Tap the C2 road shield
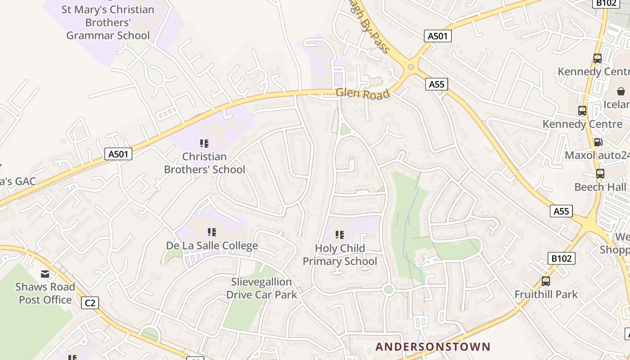(x=90, y=303)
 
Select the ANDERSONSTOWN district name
(x=432, y=346)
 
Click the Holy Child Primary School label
(x=340, y=255)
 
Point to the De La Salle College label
(x=212, y=246)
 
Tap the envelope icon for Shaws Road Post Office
(x=45, y=274)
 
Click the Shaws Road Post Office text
(x=45, y=293)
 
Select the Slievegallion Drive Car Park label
(x=261, y=288)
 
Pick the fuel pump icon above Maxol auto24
(x=598, y=142)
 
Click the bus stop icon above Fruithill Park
(x=546, y=281)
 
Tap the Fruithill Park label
(x=546, y=295)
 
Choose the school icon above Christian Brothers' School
(x=204, y=144)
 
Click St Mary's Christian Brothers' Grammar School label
(x=108, y=22)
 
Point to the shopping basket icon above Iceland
(x=621, y=91)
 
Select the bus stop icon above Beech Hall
(x=600, y=174)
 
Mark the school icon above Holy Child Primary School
(x=340, y=234)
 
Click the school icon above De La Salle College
(x=212, y=232)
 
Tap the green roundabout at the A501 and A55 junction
(x=410, y=67)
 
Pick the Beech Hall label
(x=600, y=187)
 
